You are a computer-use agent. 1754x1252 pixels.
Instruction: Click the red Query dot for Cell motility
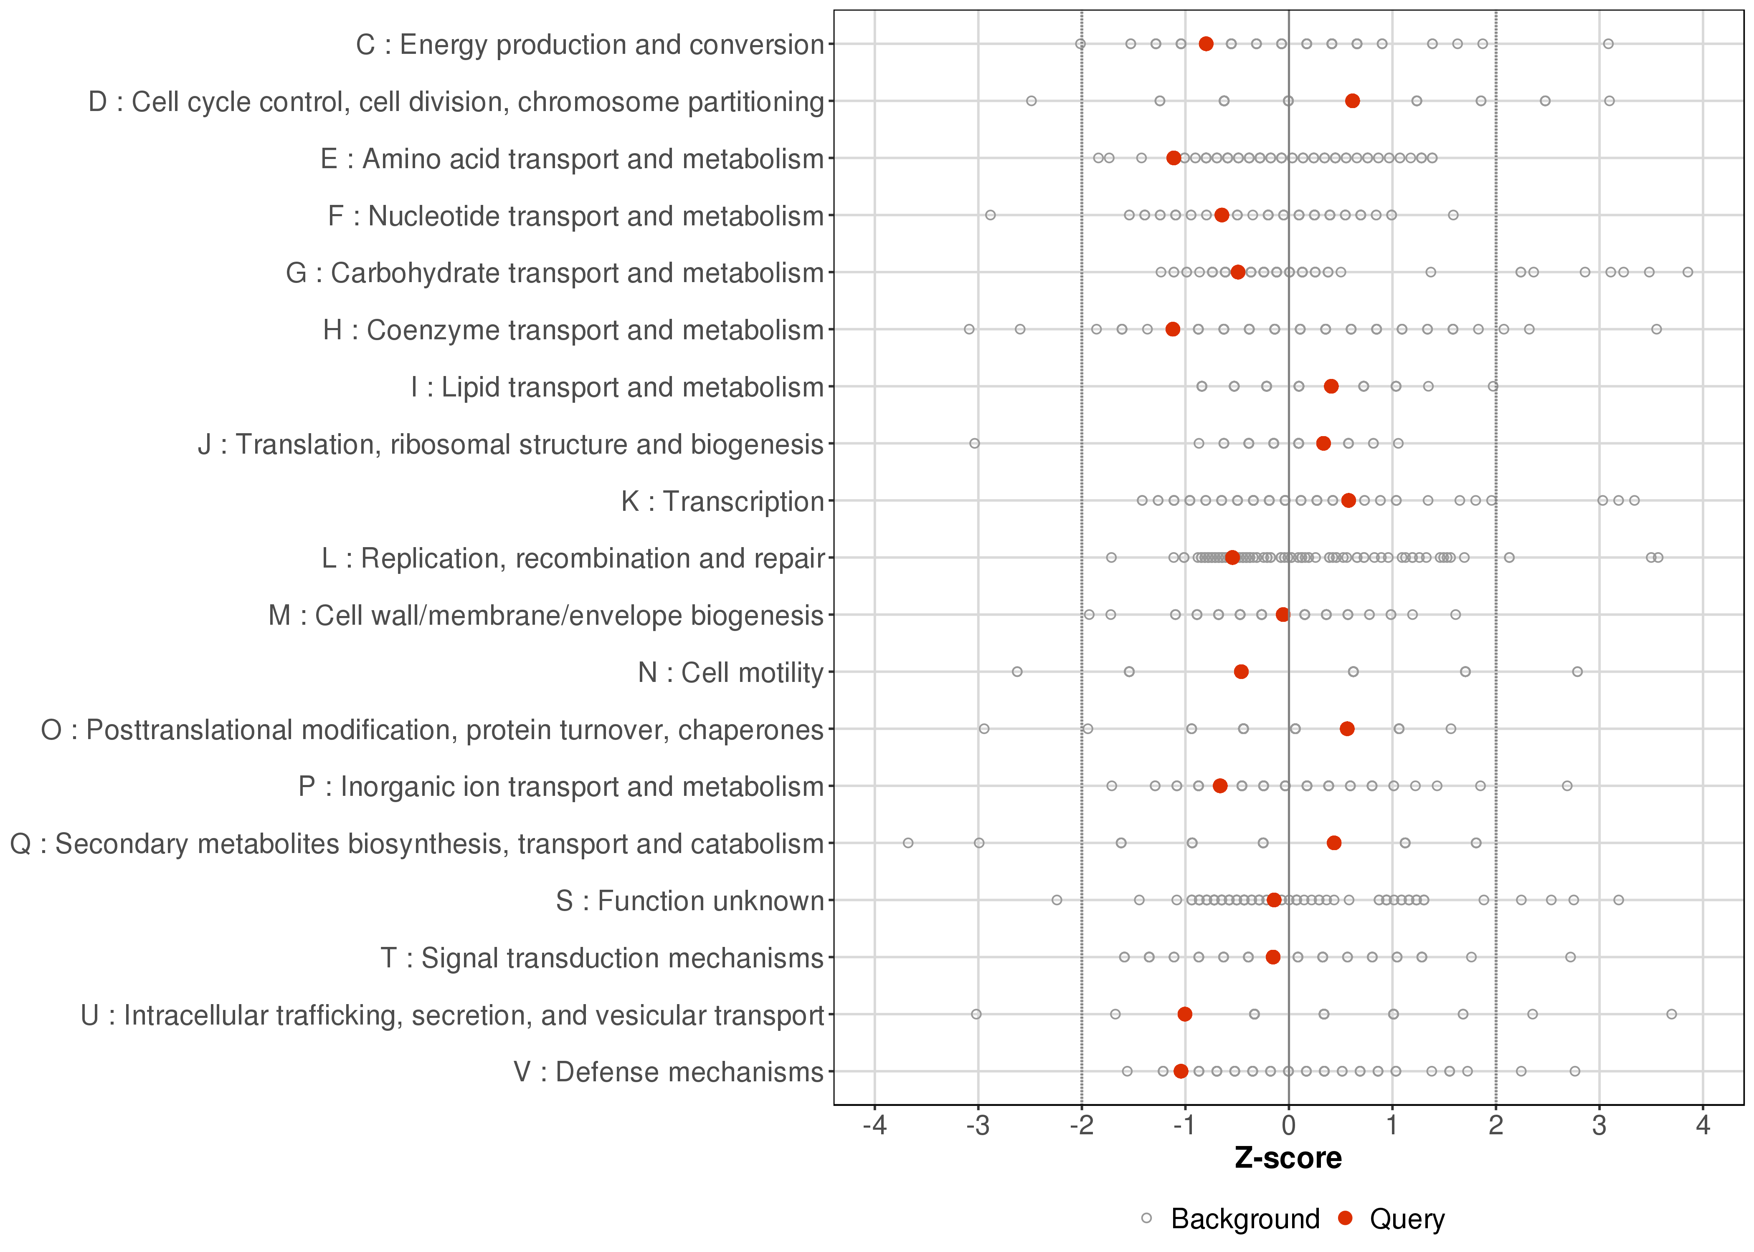[1241, 671]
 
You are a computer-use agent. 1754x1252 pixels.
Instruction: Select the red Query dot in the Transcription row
[1348, 500]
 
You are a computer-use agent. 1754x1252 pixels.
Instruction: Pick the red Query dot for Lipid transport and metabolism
[1331, 386]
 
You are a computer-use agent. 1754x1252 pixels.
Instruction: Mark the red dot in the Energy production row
[1207, 44]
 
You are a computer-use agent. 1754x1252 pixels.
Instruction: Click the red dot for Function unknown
[1274, 900]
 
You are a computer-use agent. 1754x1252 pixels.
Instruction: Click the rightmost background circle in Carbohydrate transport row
[1688, 272]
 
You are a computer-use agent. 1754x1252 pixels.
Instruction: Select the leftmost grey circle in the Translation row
[974, 443]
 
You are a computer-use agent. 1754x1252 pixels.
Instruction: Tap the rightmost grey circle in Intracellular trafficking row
[1671, 1014]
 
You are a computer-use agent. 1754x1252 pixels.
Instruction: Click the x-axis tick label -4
[874, 1126]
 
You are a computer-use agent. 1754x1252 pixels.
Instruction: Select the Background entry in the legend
[1245, 1219]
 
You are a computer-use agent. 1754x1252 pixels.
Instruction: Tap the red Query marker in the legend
[1346, 1218]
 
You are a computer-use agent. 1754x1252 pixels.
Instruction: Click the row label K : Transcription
[723, 501]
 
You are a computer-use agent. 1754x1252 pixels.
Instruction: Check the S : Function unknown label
[689, 901]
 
